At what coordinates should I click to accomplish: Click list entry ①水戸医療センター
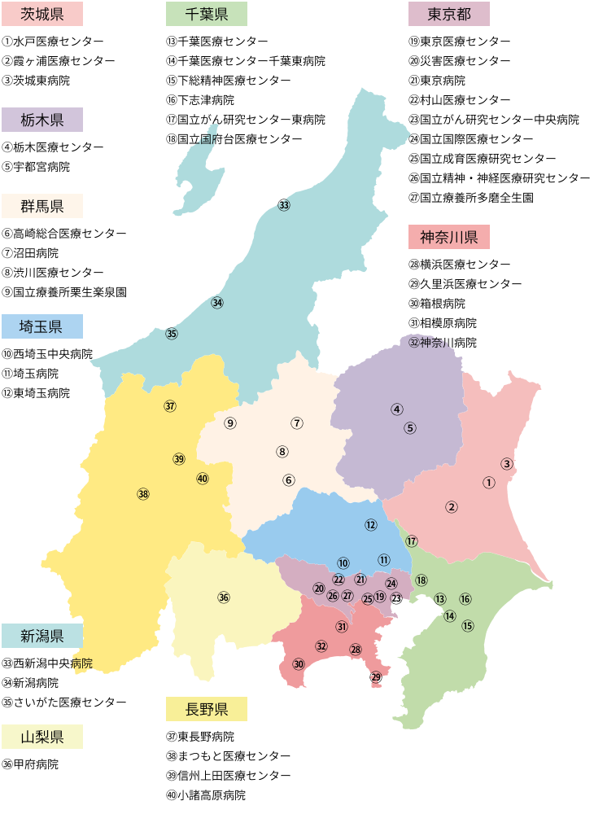tap(53, 42)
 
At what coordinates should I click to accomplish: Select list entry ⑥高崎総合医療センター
tap(64, 234)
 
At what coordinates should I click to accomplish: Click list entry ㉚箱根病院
tap(437, 304)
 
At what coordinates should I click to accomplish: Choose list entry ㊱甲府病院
tap(30, 764)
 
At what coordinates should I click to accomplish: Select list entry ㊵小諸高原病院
tap(205, 795)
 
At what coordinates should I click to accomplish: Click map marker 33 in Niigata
tap(283, 205)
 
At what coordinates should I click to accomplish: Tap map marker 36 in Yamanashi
tap(224, 597)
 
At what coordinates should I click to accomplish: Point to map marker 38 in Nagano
tap(143, 493)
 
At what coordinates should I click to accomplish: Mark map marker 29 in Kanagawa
tap(376, 676)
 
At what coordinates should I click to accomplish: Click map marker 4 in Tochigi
tap(397, 409)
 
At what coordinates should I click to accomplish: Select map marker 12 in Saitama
tap(371, 525)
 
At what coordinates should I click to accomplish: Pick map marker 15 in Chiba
tap(468, 626)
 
